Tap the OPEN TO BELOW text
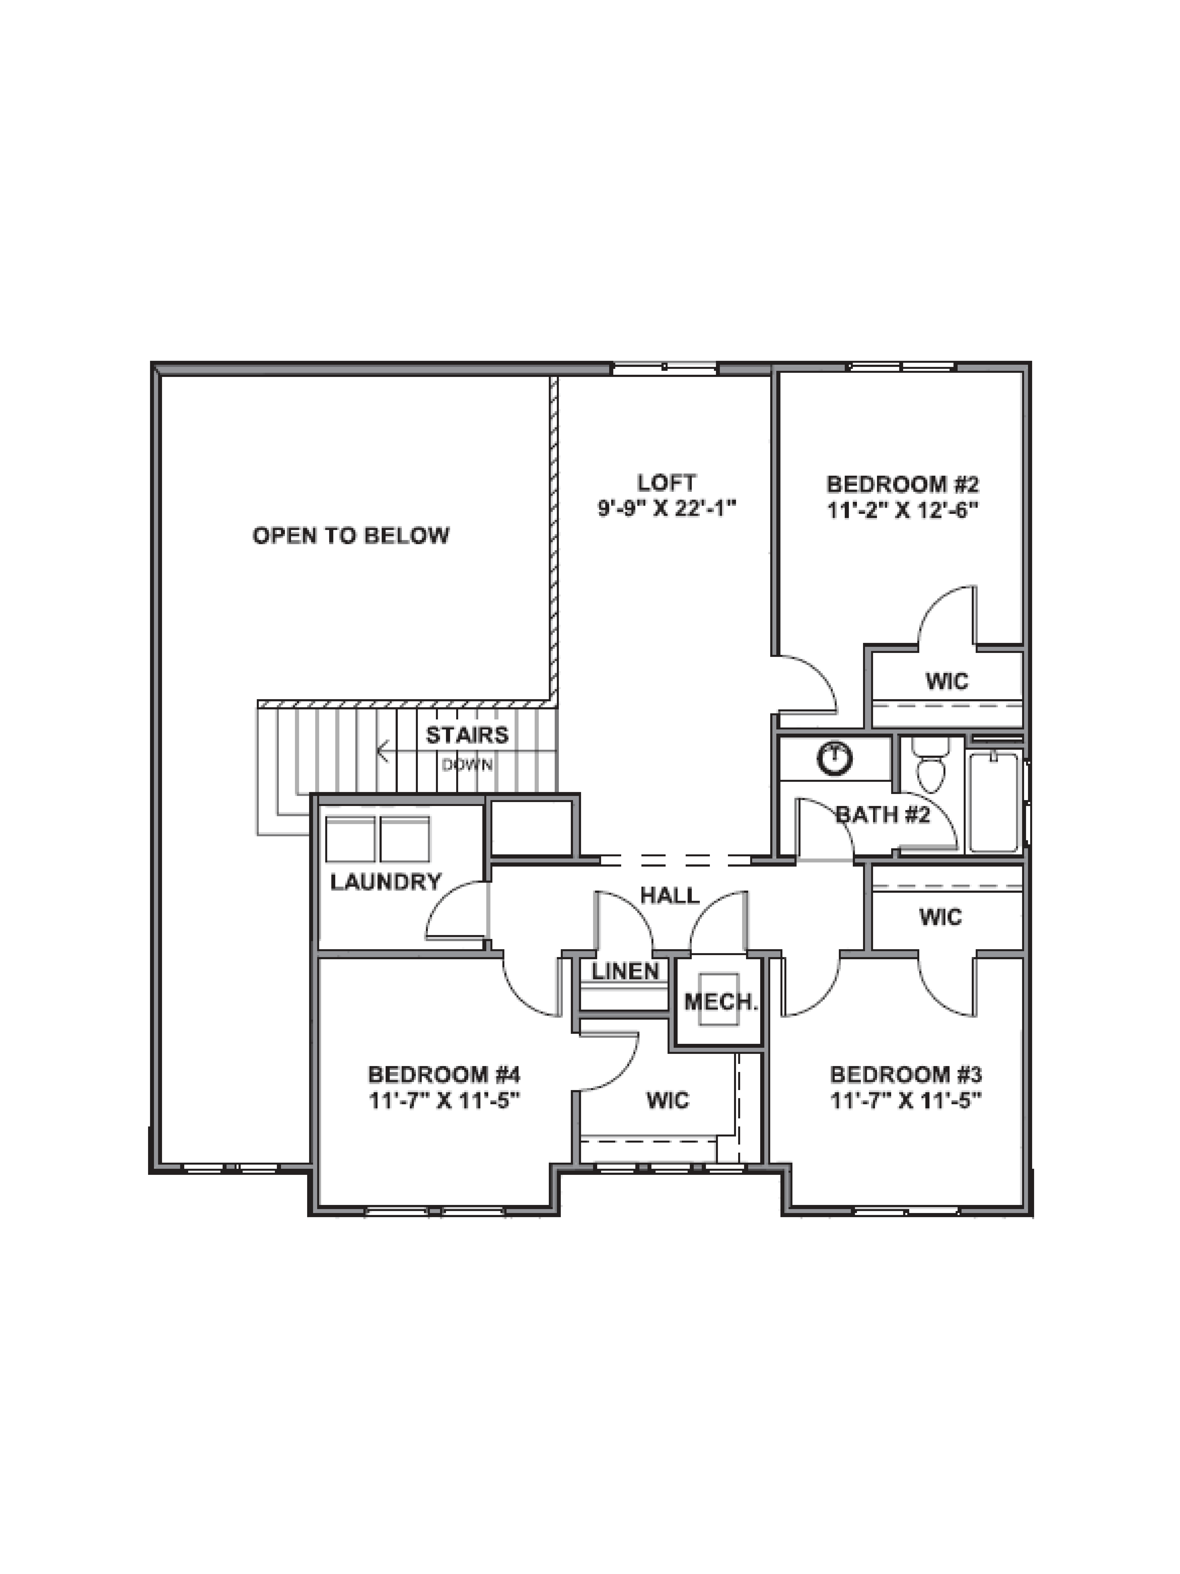coord(351,535)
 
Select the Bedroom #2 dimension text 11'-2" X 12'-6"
coord(902,510)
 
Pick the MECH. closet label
coord(720,1003)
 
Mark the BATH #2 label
coord(882,814)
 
